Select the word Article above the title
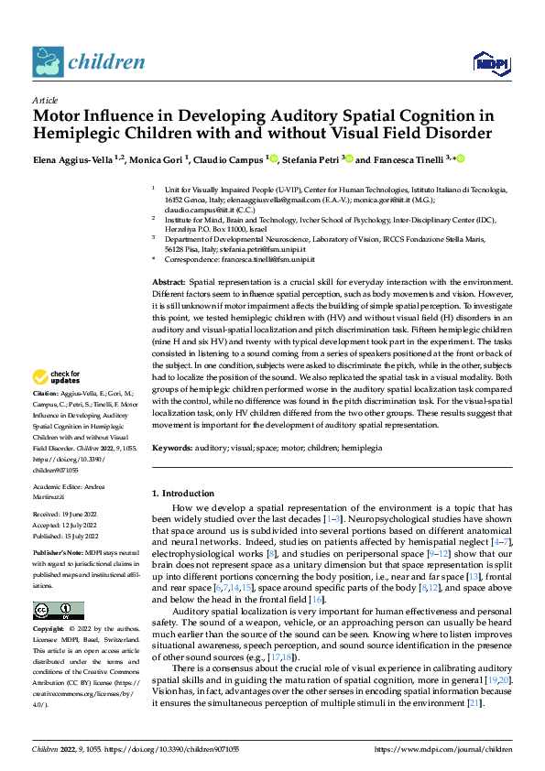[45, 100]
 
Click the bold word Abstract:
[168, 284]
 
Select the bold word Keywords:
[171, 449]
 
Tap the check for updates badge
[60, 377]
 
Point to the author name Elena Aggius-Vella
[73, 159]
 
